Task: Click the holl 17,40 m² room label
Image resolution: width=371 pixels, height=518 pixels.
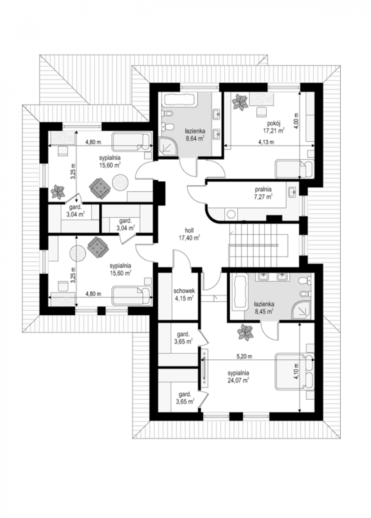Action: [189, 234]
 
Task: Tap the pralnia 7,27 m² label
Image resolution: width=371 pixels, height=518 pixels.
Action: [263, 193]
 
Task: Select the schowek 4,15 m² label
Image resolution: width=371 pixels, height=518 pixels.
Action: [184, 294]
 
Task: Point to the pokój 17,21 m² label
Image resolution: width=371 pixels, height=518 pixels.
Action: [274, 127]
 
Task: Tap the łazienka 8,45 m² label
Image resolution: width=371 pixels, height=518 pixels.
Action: [264, 307]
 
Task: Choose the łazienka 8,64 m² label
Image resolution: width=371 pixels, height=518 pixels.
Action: [195, 135]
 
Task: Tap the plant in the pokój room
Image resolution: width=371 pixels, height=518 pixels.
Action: [240, 101]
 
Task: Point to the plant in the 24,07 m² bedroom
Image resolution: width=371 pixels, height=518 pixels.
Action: [246, 332]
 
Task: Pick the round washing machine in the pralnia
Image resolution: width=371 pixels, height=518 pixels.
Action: [230, 214]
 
